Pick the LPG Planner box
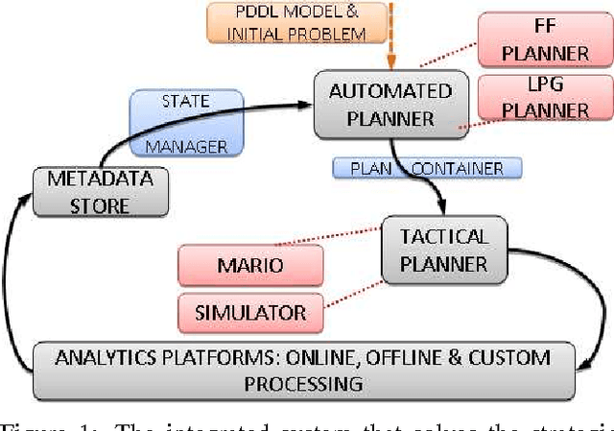pos(543,97)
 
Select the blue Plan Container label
pos(426,168)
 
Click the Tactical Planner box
pos(442,249)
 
